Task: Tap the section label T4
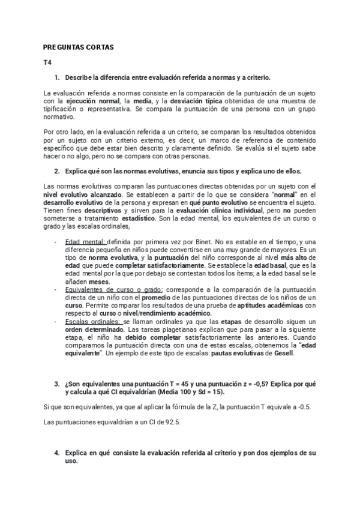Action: coord(47,62)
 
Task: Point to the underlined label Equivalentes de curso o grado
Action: coord(112,289)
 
